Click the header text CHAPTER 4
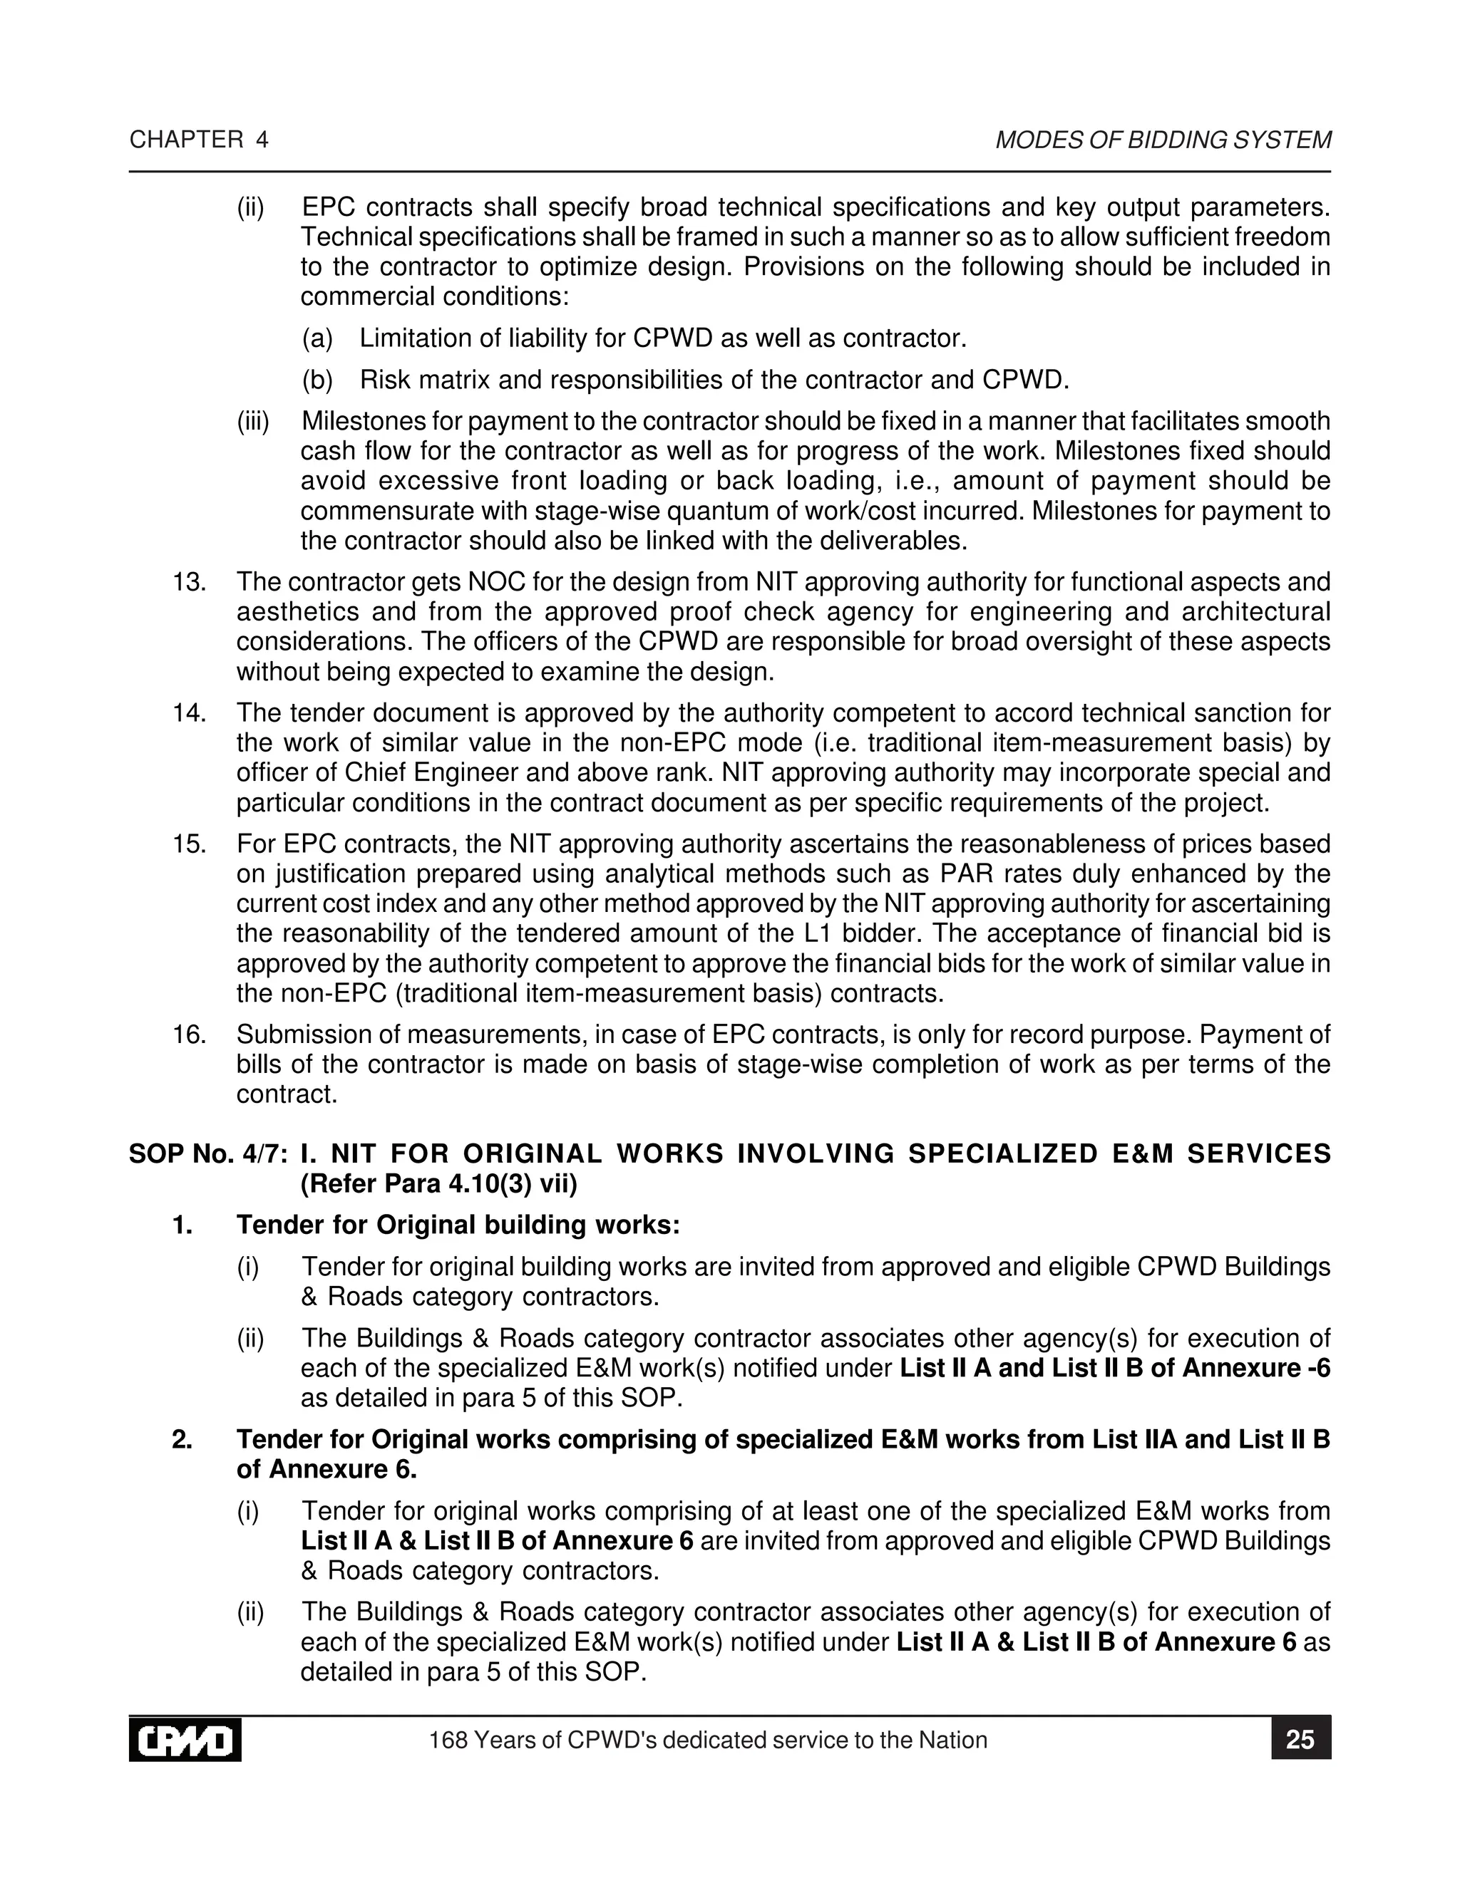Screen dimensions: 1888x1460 pos(199,140)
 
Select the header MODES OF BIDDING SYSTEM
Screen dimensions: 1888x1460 pos(1163,140)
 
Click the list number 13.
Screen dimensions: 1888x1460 pos(187,582)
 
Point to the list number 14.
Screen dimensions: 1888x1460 pos(187,713)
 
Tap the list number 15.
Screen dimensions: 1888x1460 pos(187,844)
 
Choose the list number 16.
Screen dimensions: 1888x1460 pos(187,1034)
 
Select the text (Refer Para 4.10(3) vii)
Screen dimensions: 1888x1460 pos(438,1183)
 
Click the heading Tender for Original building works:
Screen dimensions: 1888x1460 pos(458,1225)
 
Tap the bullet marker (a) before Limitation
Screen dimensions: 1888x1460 pos(317,338)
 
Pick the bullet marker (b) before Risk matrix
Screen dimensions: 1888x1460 pos(317,380)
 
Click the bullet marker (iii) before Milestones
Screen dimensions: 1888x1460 pos(253,422)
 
